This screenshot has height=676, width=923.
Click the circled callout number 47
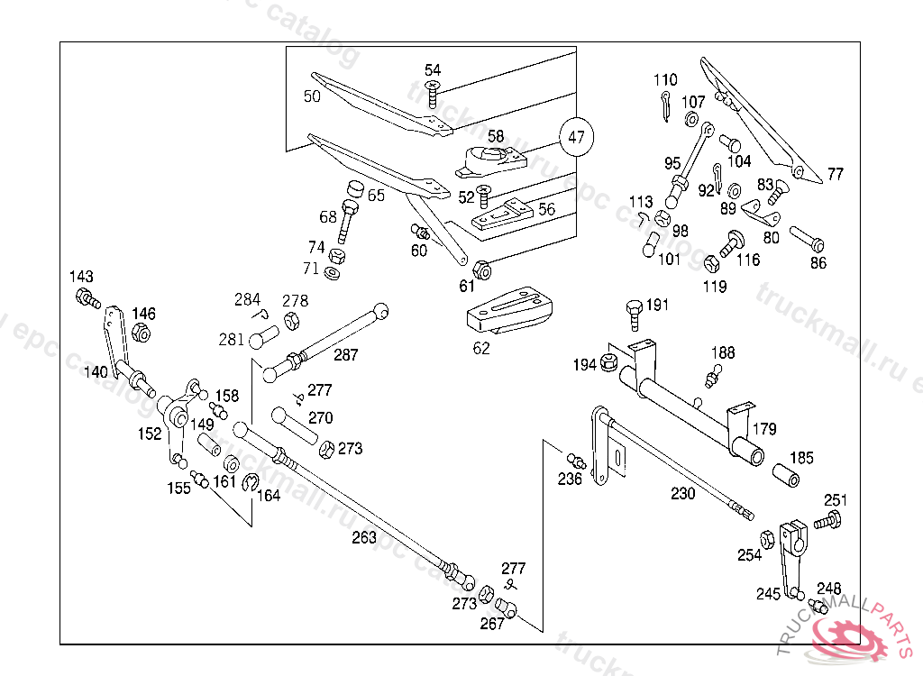click(x=577, y=138)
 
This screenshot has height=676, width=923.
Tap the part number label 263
click(x=364, y=537)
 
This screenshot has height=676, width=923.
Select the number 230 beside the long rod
click(x=682, y=493)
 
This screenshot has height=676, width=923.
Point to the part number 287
click(x=345, y=355)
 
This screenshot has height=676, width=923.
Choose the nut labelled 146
click(x=141, y=333)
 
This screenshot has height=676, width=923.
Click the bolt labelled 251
click(x=828, y=520)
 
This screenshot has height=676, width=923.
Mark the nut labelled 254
click(x=767, y=539)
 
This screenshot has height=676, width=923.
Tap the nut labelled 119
click(x=710, y=263)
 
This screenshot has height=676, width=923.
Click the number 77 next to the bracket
click(x=836, y=174)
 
